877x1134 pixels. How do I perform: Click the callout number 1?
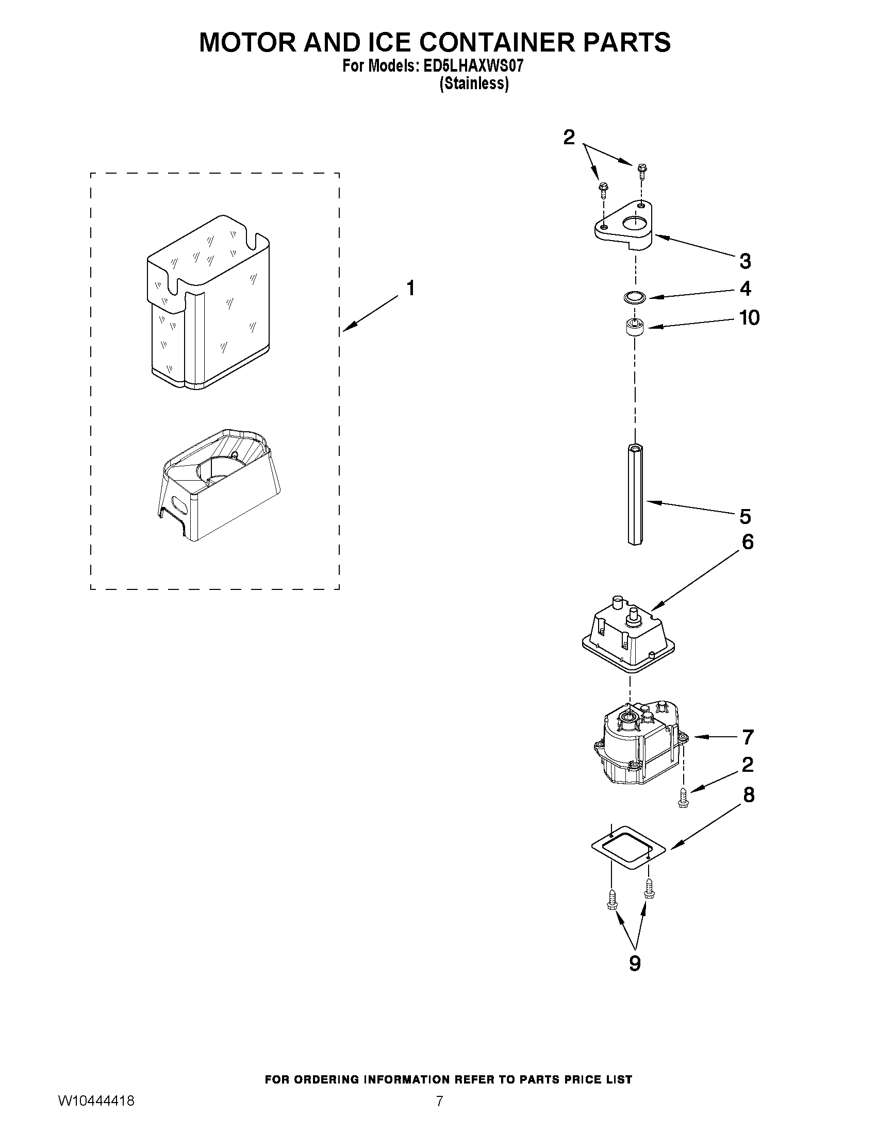point(410,288)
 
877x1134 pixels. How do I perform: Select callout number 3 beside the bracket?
point(745,261)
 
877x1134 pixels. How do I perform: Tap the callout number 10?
point(749,317)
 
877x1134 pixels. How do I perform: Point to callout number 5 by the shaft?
point(745,517)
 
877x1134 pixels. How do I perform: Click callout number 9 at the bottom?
point(635,963)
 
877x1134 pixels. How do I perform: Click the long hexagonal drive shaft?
point(635,493)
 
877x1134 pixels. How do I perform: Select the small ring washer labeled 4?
point(634,298)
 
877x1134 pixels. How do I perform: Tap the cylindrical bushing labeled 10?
point(634,329)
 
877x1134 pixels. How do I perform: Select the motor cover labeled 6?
point(628,636)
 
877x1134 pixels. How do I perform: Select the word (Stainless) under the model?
point(474,83)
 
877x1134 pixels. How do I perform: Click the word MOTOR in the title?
point(247,43)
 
